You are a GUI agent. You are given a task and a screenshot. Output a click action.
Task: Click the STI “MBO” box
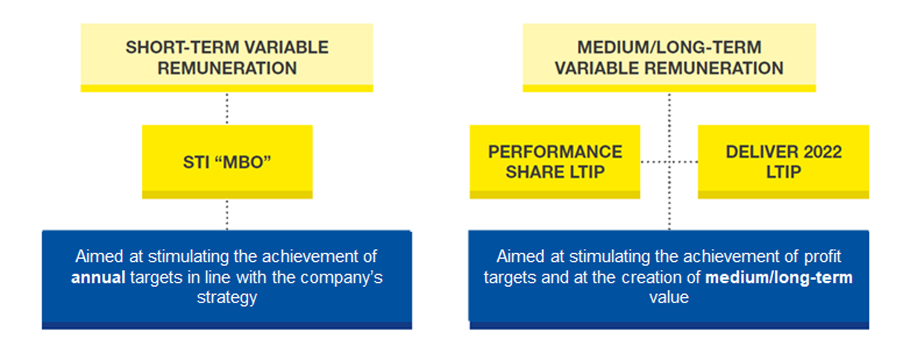pos(227,162)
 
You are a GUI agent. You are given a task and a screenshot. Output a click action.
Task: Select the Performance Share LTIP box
pos(555,162)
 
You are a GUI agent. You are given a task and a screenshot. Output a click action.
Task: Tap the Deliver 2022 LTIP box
pos(783,162)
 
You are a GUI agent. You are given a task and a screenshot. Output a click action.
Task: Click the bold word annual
pos(98,278)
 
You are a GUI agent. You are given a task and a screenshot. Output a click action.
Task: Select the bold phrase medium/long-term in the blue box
pos(779,278)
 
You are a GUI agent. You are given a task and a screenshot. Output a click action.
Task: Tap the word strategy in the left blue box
pos(227,298)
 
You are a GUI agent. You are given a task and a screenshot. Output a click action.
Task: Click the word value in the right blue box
pos(669,297)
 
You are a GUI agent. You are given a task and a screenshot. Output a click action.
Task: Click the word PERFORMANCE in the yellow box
pos(555,152)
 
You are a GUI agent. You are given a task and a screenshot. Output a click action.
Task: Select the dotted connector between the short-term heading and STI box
pos(227,108)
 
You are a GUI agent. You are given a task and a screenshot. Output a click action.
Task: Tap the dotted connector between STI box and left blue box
pos(227,215)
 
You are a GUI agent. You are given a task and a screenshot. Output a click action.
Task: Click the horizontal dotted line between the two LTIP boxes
pos(669,162)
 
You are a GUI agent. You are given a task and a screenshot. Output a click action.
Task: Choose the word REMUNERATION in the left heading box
pos(227,68)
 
